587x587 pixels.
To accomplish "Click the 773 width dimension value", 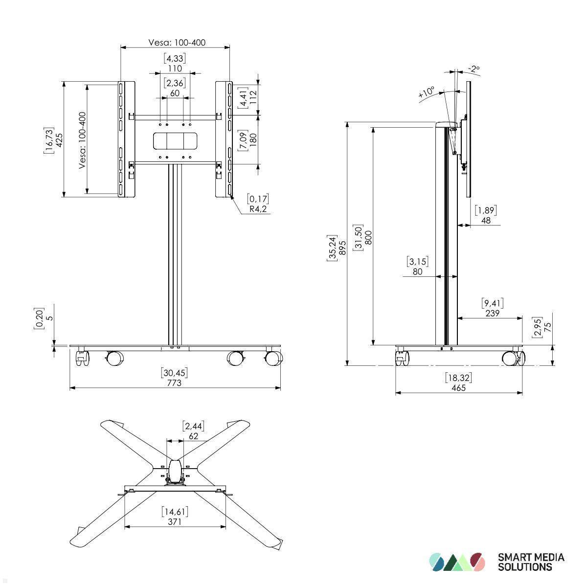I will coord(174,383).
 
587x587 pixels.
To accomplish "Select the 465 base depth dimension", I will coord(458,387).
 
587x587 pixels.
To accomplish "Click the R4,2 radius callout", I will coord(258,209).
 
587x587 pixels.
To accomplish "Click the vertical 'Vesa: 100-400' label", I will coord(82,140).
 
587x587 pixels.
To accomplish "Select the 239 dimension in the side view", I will coord(492,313).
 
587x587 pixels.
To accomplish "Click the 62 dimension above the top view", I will coord(193,436).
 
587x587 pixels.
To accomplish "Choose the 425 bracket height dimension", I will coord(59,141).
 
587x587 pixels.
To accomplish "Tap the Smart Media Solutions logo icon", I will coord(457,562).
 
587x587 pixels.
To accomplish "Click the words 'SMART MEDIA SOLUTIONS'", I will coord(531,562).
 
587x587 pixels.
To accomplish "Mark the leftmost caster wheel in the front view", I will coord(82,359).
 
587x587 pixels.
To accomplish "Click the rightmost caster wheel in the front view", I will coord(273,358).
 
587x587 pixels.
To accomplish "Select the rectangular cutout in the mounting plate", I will coord(175,141).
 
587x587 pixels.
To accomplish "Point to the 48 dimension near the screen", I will coord(486,221).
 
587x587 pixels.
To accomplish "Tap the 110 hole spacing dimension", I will coord(175,68).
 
